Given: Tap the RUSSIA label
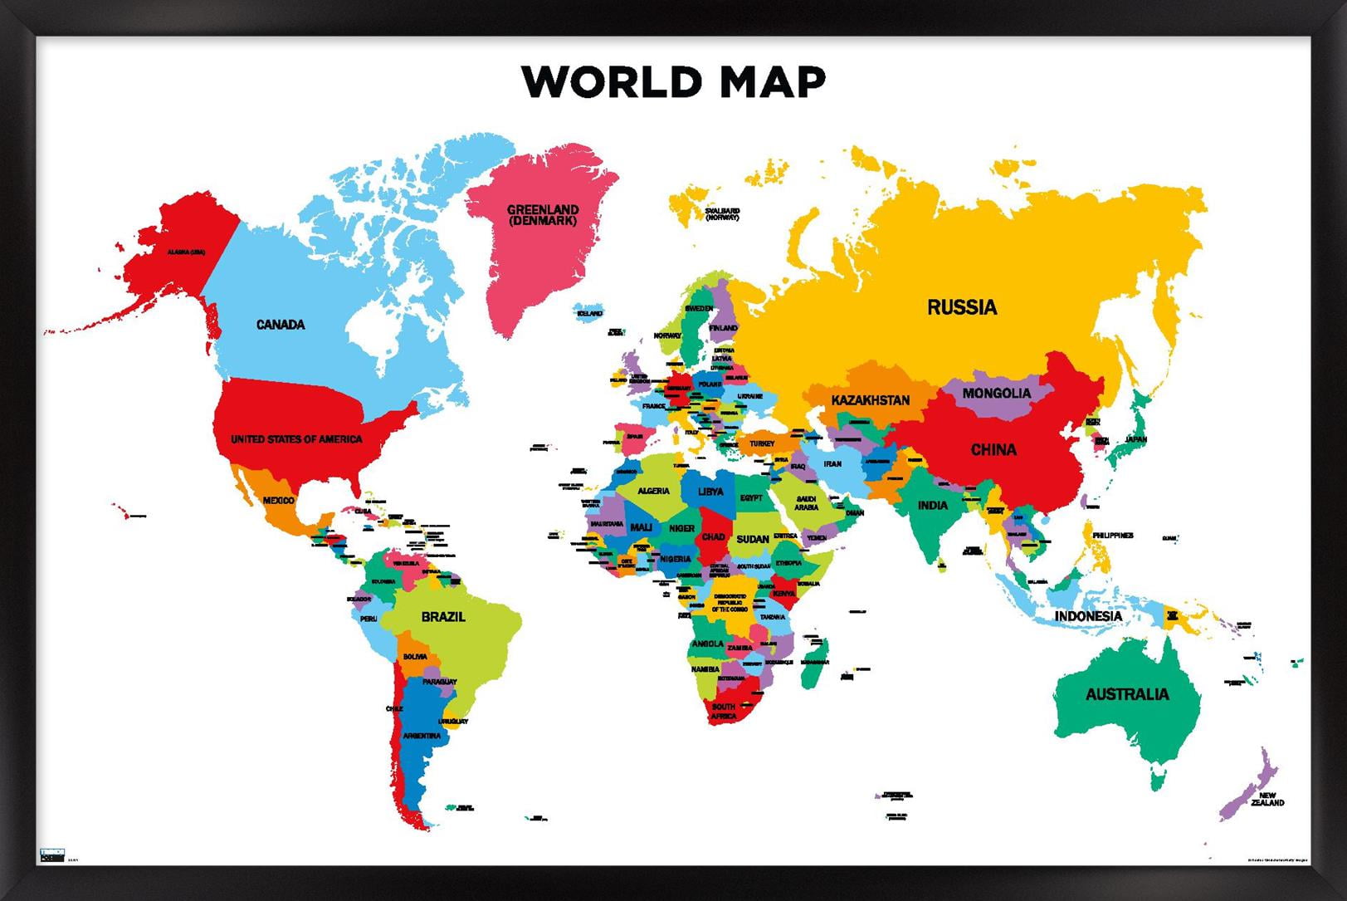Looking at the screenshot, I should (x=961, y=307).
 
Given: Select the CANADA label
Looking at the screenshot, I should (x=281, y=325).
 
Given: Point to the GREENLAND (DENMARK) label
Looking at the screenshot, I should (x=543, y=215).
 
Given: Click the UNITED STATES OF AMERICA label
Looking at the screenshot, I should (x=296, y=438).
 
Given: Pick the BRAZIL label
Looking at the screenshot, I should (x=443, y=617).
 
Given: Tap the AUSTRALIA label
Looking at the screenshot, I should (x=1126, y=694).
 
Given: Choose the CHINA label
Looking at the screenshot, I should (x=993, y=450).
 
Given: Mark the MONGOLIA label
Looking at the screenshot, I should (x=996, y=393).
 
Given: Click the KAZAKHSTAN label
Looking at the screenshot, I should (x=870, y=400).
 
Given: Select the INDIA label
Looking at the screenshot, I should (x=932, y=505).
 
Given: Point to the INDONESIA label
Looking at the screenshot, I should (x=1088, y=616).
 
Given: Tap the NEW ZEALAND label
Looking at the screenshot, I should (x=1266, y=799).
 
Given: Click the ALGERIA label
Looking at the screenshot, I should (x=653, y=491).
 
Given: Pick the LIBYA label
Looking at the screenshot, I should (x=710, y=492).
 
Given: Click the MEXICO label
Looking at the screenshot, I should (x=278, y=501).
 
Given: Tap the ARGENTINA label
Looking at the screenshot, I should (x=422, y=736).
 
